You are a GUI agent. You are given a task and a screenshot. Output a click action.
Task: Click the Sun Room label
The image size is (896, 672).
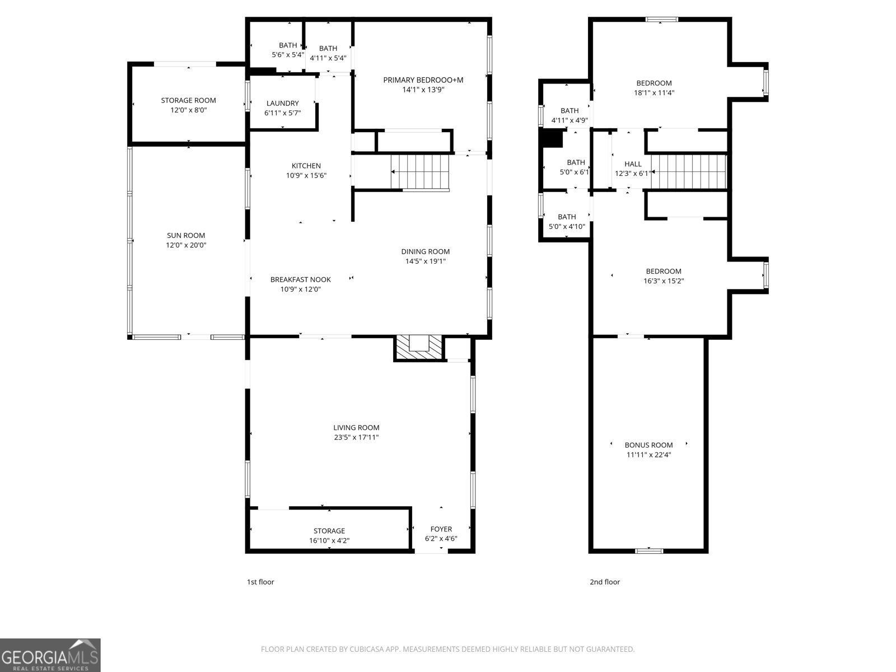186,236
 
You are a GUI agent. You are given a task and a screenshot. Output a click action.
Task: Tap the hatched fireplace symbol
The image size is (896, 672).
418,347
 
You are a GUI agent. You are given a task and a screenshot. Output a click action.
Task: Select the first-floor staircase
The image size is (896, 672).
421,172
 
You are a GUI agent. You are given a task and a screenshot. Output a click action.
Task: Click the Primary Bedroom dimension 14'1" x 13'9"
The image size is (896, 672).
423,90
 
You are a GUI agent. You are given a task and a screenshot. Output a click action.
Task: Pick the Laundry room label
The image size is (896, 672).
282,104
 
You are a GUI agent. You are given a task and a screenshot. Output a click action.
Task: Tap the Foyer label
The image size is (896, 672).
441,529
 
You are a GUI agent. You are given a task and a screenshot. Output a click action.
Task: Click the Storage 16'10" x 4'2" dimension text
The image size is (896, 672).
329,541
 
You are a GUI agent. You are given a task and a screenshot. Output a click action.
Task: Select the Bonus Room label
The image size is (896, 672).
648,445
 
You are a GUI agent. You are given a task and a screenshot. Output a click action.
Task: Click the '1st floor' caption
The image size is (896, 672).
260,582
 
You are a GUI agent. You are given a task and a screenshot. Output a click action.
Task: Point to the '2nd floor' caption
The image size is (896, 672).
604,582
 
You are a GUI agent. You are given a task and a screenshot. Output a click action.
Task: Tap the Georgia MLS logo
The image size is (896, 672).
50,655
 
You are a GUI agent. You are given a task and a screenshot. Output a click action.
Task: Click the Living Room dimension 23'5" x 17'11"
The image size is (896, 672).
356,437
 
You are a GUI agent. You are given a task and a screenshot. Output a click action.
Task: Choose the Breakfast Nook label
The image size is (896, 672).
300,279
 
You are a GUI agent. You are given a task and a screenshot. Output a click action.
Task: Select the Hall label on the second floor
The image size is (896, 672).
633,164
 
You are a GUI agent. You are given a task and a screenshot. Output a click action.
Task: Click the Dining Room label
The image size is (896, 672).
425,251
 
